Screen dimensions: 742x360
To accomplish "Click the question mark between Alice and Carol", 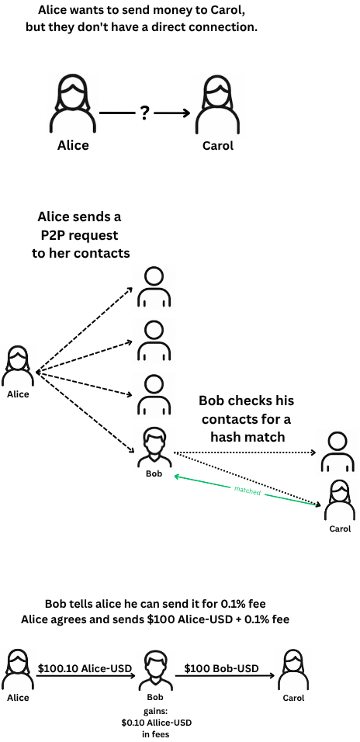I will pos(145,113).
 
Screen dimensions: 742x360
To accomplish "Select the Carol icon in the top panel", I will pos(216,104).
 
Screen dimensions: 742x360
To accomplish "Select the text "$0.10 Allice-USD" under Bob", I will pos(154,723).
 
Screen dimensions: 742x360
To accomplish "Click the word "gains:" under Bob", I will pos(154,711).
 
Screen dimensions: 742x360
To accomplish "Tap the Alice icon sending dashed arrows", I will pos(18,366).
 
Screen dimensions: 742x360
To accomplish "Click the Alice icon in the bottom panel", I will pos(18,670).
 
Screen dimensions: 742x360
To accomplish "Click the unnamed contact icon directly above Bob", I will pos(154,394).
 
